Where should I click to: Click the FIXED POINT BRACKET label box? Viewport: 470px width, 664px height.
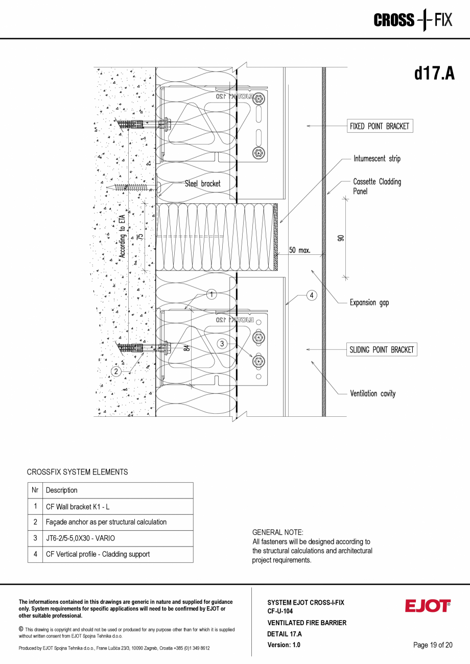click(380, 126)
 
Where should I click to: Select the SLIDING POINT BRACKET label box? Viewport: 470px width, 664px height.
click(382, 350)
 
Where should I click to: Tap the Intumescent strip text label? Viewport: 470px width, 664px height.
click(377, 159)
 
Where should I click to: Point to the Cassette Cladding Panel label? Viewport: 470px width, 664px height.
click(377, 186)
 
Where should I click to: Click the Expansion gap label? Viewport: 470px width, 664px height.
click(369, 302)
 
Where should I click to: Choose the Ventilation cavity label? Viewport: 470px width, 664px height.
click(372, 394)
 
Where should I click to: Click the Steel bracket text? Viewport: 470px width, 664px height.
click(203, 183)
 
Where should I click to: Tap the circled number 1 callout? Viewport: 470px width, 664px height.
click(212, 294)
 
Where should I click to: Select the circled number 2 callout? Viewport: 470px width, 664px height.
click(116, 371)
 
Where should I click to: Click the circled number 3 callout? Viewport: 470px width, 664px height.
click(222, 344)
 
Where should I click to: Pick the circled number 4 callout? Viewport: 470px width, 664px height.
click(312, 295)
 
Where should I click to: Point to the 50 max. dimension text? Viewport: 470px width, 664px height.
click(300, 250)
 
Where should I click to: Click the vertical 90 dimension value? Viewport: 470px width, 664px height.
click(341, 238)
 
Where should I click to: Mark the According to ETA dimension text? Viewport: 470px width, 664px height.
click(122, 236)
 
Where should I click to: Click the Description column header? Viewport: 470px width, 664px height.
click(62, 490)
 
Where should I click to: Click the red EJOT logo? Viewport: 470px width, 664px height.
click(428, 606)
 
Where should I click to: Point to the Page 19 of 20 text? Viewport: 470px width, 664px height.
click(433, 645)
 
